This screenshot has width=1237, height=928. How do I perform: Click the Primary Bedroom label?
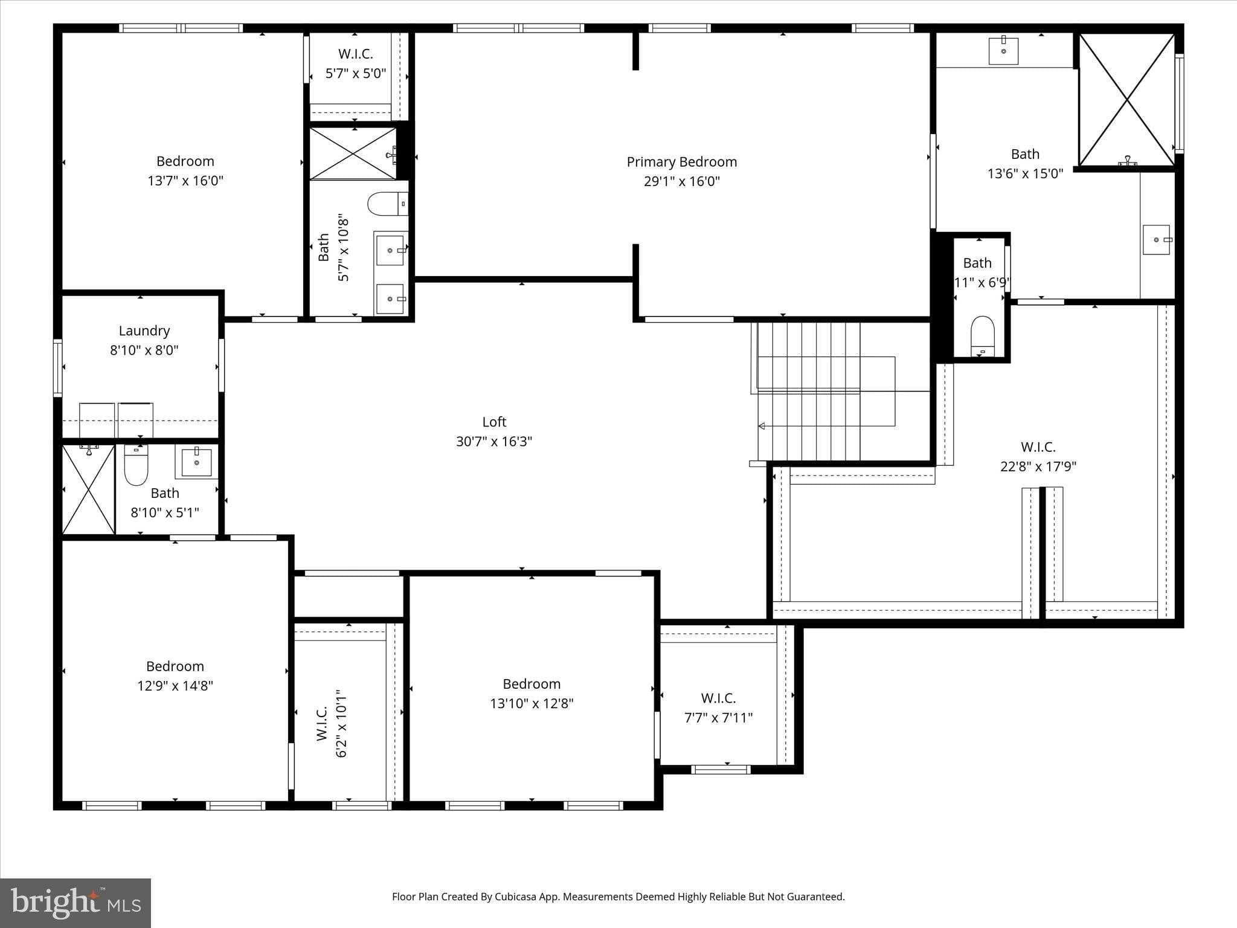coord(681,162)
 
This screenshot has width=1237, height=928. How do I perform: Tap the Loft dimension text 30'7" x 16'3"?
coord(493,442)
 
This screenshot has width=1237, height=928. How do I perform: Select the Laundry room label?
coord(144,330)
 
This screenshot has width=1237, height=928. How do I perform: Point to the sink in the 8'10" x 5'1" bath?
coord(196,463)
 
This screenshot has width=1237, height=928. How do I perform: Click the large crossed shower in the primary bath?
coord(1126,100)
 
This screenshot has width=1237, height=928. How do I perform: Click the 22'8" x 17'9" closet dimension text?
coord(1038,466)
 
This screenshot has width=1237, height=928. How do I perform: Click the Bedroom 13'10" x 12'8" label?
coord(532,684)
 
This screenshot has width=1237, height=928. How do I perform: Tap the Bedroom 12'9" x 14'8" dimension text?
coord(175,686)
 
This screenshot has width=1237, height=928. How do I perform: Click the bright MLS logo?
coord(76,903)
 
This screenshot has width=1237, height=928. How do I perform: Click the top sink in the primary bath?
coord(1003,51)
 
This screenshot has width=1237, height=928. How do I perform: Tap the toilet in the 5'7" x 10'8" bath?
coord(387,204)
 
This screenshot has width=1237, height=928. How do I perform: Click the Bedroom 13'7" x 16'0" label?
coord(185,161)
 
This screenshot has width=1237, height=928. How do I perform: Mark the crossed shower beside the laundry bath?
coord(88,490)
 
